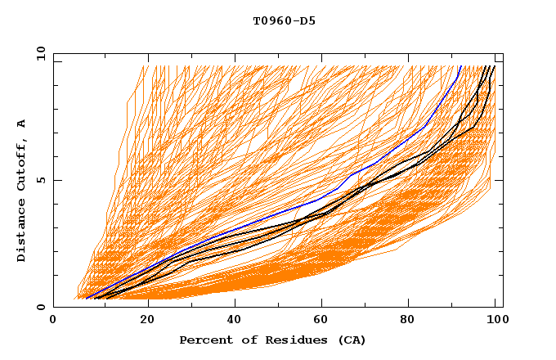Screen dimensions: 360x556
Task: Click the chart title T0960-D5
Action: tap(284, 20)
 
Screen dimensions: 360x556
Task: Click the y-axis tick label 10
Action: tap(39, 53)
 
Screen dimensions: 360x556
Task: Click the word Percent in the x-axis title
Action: tap(204, 340)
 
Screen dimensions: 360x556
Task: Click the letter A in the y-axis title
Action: tap(22, 124)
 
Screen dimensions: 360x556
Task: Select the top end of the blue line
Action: tap(460, 66)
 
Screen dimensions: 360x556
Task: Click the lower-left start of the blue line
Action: tap(87, 298)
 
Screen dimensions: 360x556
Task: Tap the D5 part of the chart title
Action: tap(307, 20)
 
